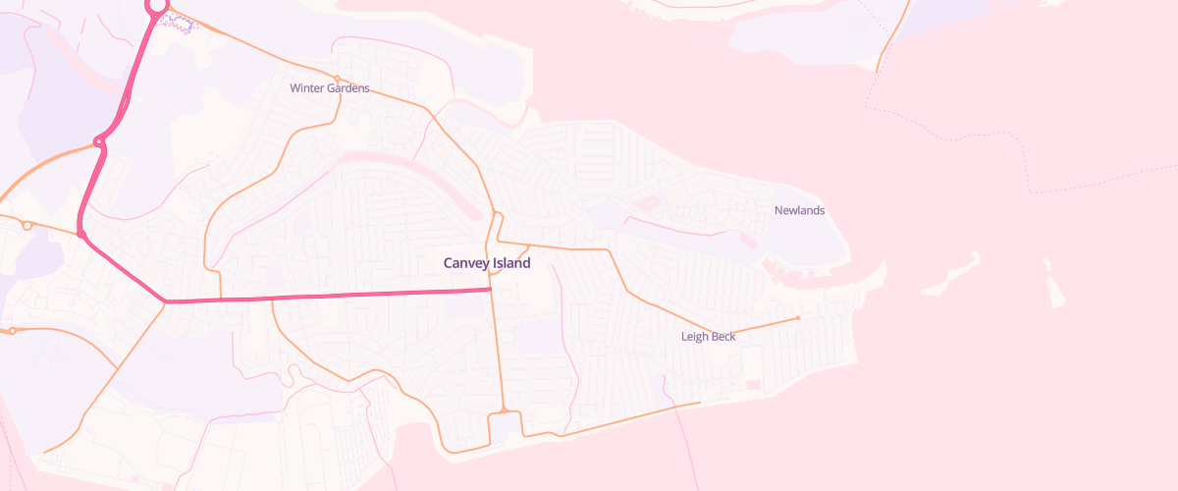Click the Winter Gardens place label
[330, 88]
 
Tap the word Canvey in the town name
[464, 263]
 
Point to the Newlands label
[799, 211]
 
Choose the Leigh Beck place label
[708, 337]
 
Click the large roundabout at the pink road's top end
[156, 5]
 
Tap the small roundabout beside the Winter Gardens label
[337, 78]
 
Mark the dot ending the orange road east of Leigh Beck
[798, 318]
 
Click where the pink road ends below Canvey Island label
[490, 289]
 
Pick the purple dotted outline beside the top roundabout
[179, 22]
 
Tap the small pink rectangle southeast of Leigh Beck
[753, 384]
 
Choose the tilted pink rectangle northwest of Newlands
[648, 204]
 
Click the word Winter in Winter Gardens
[306, 88]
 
